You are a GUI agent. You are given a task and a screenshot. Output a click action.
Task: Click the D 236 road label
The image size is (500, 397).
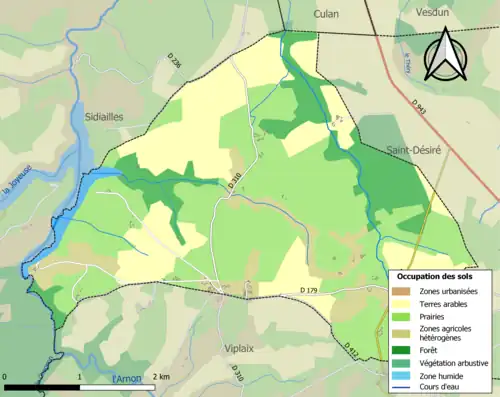pos(177,64)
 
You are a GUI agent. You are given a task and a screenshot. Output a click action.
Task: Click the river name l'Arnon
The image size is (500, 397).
pos(127,378)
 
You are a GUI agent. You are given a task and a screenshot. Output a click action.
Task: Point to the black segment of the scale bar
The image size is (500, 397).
pos(41,386)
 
